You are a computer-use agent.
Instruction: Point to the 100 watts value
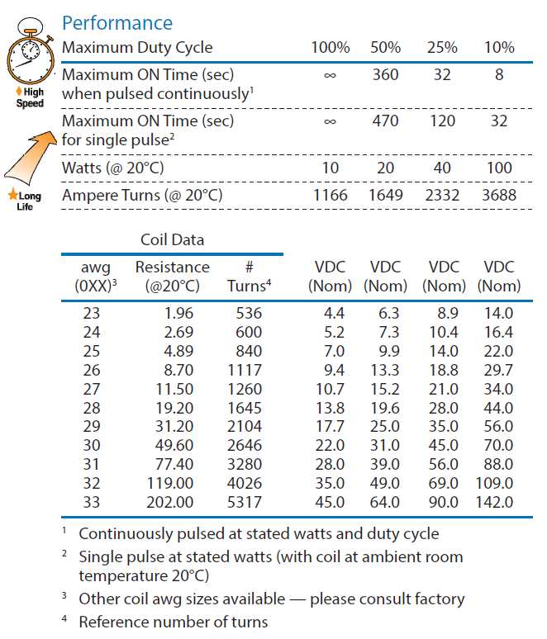click(498, 168)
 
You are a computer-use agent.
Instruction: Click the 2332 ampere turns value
click(442, 196)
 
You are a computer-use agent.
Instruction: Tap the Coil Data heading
click(172, 240)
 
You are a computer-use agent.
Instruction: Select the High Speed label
click(31, 98)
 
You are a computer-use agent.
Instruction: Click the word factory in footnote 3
click(438, 599)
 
